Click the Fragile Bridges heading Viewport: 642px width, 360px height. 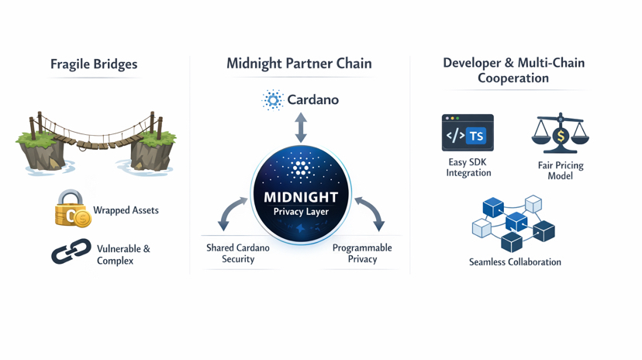[94, 64]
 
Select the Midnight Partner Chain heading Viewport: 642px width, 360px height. [299, 64]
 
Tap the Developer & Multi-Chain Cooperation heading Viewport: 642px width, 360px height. [513, 70]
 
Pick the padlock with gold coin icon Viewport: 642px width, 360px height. [72, 209]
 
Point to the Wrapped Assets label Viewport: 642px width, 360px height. [126, 210]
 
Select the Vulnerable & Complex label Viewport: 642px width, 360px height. [124, 254]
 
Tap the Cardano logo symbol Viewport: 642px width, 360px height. [273, 99]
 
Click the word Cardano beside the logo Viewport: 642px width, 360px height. [312, 99]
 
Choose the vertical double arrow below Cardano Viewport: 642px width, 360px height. [301, 128]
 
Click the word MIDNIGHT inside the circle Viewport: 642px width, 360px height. [301, 197]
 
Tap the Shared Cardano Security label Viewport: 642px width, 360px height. [238, 254]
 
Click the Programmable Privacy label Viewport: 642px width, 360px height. [362, 254]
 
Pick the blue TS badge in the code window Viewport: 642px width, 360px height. [476, 137]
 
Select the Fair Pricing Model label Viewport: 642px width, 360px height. [561, 171]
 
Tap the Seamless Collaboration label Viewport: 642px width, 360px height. [515, 262]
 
